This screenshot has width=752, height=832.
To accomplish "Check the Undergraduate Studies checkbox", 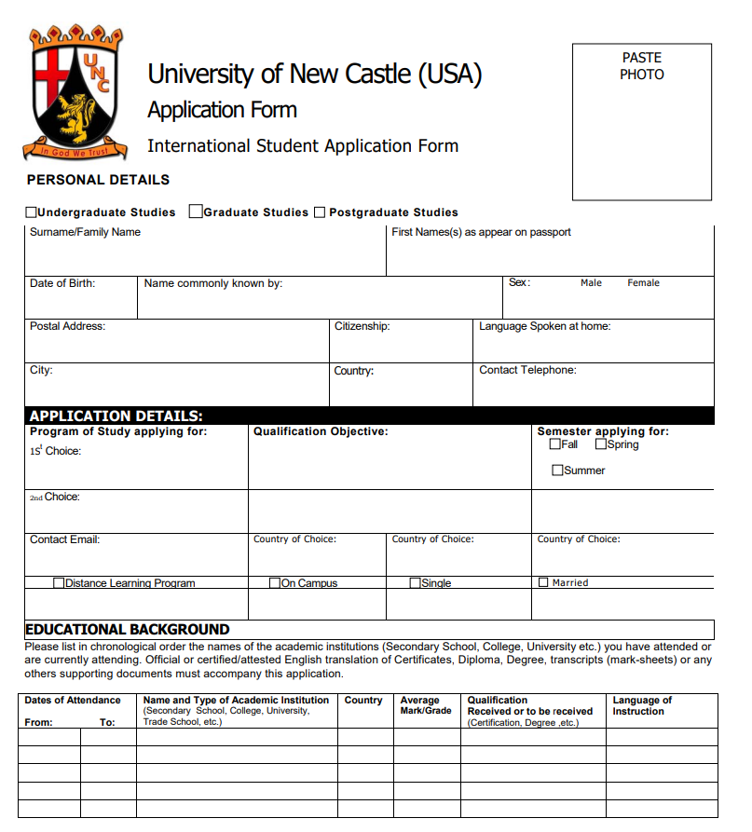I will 32,212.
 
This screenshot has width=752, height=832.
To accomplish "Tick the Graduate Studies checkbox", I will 196,211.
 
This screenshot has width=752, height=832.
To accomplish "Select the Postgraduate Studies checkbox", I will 320,212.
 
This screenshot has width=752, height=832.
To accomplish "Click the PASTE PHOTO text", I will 642,66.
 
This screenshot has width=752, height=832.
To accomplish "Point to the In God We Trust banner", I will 74,150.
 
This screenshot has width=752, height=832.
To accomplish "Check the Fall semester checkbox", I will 555,444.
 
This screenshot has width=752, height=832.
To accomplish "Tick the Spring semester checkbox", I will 601,444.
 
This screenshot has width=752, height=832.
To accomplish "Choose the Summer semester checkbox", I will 558,471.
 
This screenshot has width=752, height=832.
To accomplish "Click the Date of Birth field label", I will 62,283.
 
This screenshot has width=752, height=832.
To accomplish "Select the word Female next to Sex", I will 643,283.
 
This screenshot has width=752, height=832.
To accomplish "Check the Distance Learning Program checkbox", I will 59,583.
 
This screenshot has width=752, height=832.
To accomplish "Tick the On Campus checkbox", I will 275,583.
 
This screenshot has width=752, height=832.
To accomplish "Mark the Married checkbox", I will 543,582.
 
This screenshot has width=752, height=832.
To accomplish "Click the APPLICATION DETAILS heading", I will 116,416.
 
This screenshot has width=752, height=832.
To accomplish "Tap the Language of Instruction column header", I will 642,705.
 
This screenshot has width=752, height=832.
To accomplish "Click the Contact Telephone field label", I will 527,370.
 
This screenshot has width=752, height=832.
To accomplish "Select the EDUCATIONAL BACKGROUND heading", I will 128,630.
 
